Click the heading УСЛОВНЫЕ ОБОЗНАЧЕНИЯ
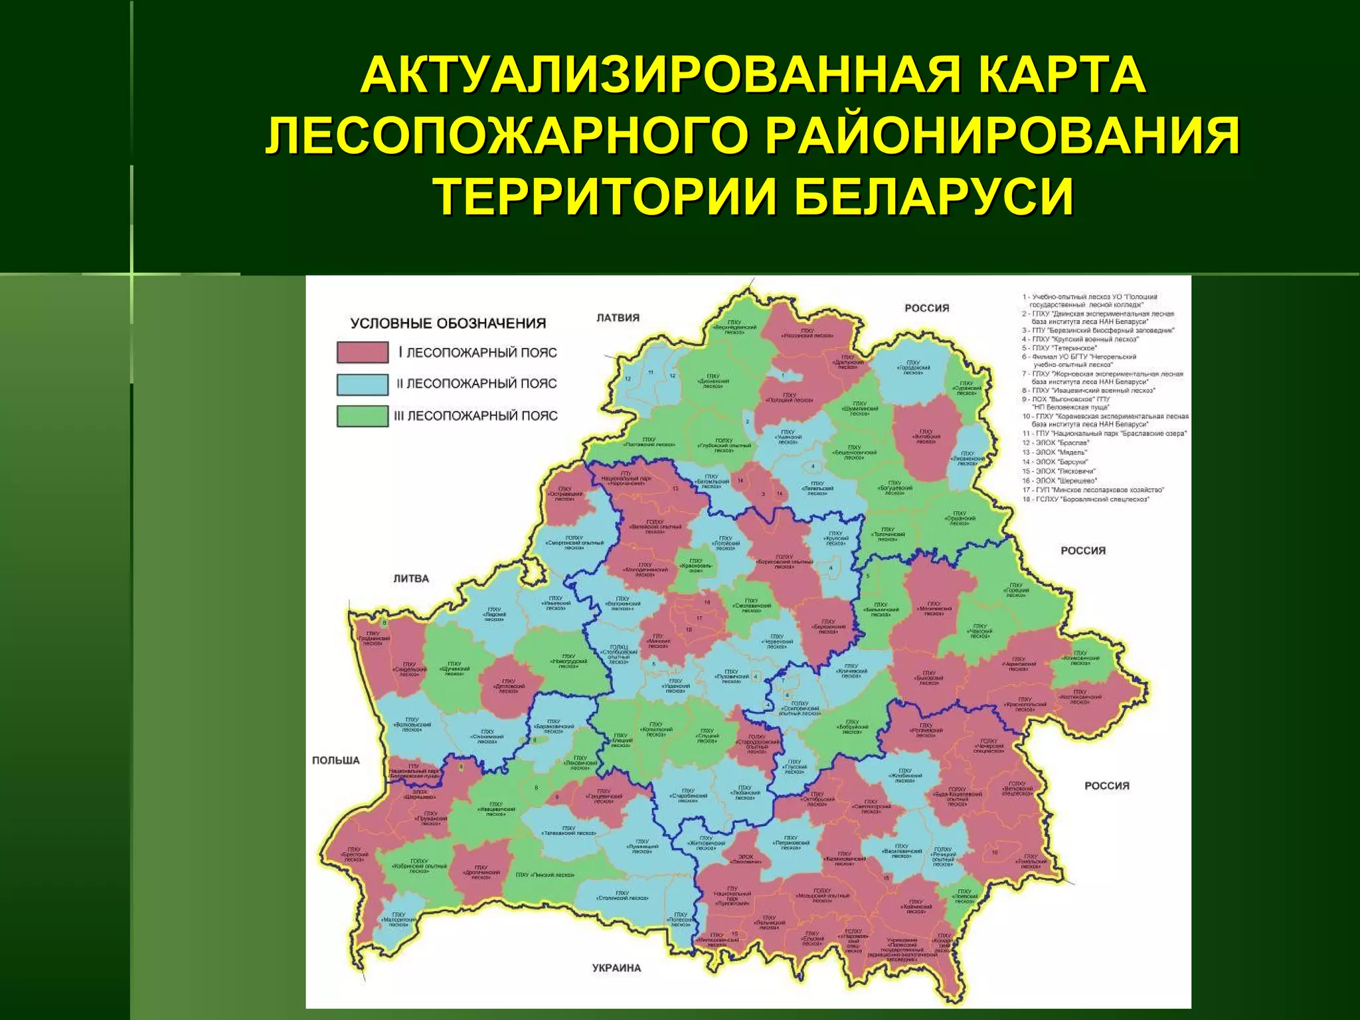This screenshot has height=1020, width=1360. click(448, 323)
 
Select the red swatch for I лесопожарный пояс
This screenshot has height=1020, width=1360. click(362, 352)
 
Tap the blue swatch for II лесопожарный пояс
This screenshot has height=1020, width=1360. click(362, 384)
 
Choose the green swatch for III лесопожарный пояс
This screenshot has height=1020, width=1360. click(362, 416)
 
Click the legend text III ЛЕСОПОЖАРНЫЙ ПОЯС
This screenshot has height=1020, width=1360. click(475, 416)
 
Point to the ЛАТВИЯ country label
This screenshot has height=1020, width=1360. click(618, 317)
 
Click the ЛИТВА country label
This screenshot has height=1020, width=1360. click(411, 578)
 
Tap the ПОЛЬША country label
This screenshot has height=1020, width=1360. click(336, 760)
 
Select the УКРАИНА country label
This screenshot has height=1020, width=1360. click(616, 968)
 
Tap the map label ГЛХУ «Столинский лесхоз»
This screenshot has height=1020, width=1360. click(622, 896)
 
